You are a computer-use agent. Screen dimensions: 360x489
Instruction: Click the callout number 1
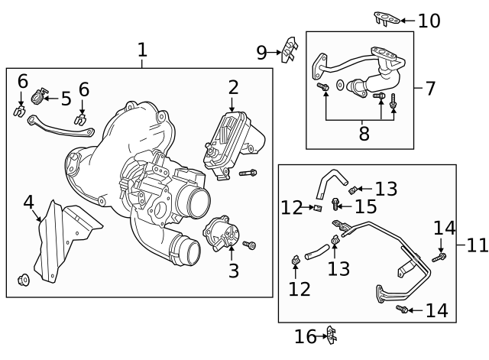click(x=142, y=50)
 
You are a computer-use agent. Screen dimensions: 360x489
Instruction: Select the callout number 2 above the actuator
click(x=233, y=87)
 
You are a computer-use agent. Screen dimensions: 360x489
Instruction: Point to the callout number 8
click(x=364, y=134)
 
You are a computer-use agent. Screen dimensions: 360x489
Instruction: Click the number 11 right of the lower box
click(x=477, y=245)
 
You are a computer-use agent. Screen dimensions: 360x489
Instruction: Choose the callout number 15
click(x=365, y=206)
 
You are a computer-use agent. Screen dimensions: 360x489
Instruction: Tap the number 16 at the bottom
click(x=305, y=336)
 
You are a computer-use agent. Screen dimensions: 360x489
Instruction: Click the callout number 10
click(x=429, y=21)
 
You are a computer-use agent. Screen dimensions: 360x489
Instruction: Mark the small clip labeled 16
click(x=331, y=335)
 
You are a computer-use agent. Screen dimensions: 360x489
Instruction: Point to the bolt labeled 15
click(x=337, y=205)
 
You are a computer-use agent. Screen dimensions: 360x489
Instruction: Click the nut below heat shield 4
click(x=23, y=279)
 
